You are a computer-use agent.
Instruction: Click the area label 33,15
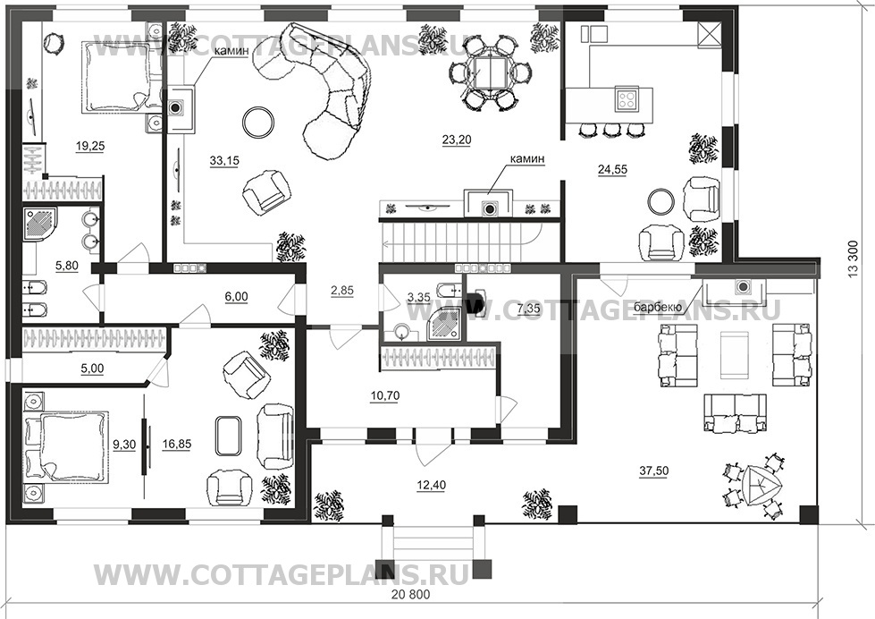point(224,161)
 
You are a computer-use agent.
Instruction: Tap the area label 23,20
point(457,140)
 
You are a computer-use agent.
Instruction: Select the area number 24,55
point(612,170)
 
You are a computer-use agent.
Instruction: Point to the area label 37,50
point(653,471)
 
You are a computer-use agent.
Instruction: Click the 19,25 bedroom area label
point(90,147)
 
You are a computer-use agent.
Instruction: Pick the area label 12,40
point(432,485)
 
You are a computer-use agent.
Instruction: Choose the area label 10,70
point(385,396)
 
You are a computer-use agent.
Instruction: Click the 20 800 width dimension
point(411,595)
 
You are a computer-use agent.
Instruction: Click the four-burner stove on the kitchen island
point(627,99)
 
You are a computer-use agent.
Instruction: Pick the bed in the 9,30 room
point(65,446)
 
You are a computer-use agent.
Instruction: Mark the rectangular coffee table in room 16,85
point(228,436)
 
